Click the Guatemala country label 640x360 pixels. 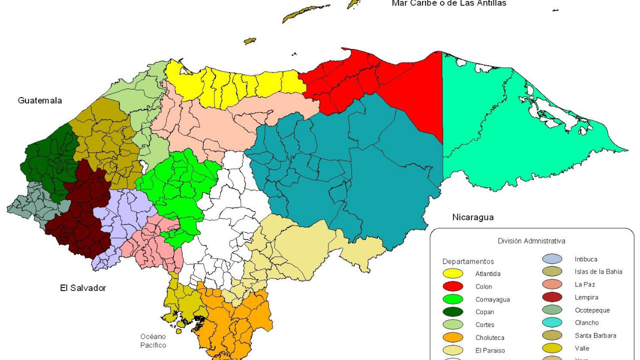pyautogui.click(x=40, y=100)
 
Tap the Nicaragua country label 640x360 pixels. pyautogui.click(x=472, y=217)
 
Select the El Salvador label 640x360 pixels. pyautogui.click(x=83, y=288)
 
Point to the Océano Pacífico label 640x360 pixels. pyautogui.click(x=153, y=341)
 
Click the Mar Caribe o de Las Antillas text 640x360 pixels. pyautogui.click(x=448, y=3)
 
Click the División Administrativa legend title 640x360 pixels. pyautogui.click(x=531, y=241)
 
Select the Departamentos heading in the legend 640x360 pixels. pyautogui.click(x=468, y=261)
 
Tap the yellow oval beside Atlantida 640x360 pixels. pyautogui.click(x=452, y=273)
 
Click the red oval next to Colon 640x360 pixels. pyautogui.click(x=452, y=286)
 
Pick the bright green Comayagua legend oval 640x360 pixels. pyautogui.click(x=452, y=299)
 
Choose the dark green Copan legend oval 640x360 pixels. pyautogui.click(x=452, y=312)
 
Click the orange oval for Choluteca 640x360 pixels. pyautogui.click(x=452, y=337)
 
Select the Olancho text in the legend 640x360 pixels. pyautogui.click(x=586, y=323)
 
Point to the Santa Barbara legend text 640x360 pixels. pyautogui.click(x=595, y=335)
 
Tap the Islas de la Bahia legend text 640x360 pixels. pyautogui.click(x=598, y=271)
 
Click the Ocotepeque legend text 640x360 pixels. pyautogui.click(x=592, y=310)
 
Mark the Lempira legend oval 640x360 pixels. pyautogui.click(x=552, y=297)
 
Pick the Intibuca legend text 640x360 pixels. pyautogui.click(x=586, y=259)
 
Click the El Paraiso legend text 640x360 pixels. pyautogui.click(x=490, y=350)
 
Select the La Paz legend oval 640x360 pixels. pyautogui.click(x=552, y=284)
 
